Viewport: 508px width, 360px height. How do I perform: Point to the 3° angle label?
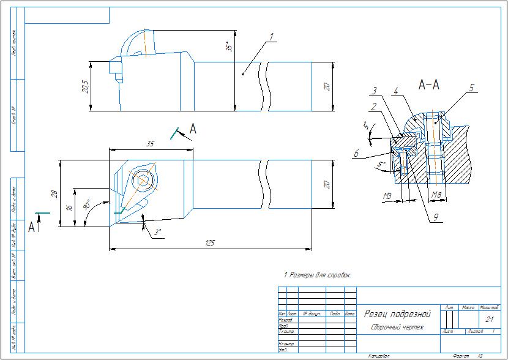(x=157, y=233)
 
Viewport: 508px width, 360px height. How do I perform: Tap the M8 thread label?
(x=436, y=196)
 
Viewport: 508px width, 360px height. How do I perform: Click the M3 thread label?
(x=387, y=196)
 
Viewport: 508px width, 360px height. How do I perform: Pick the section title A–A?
(x=428, y=85)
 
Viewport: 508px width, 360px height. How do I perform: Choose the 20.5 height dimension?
(x=85, y=86)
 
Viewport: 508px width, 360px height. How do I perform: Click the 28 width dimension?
(x=54, y=193)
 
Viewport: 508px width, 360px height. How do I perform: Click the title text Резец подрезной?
(x=397, y=313)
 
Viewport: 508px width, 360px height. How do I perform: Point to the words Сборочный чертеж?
(x=397, y=328)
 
